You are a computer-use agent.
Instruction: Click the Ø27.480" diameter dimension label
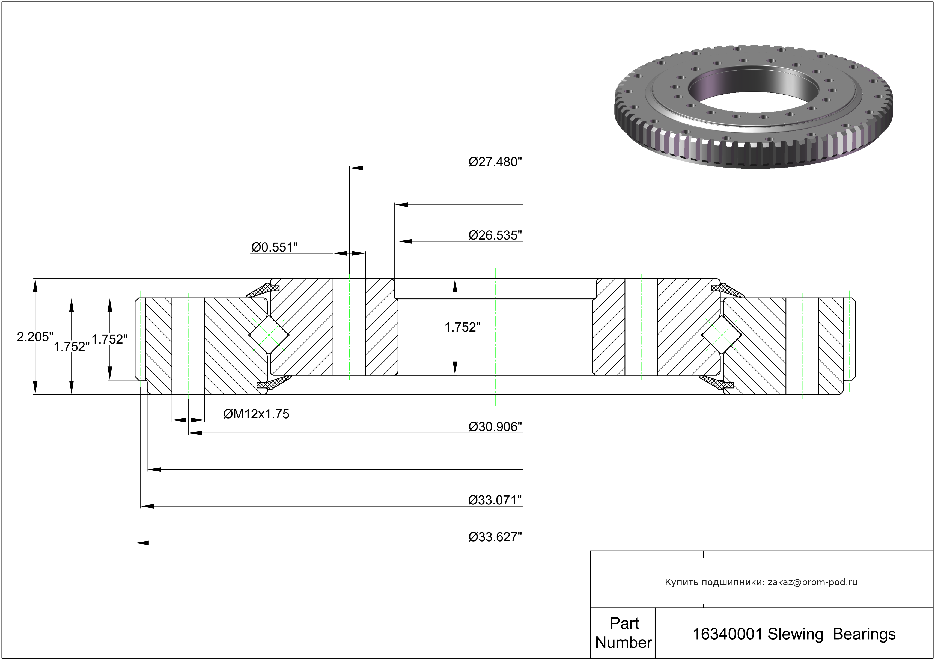pyautogui.click(x=495, y=162)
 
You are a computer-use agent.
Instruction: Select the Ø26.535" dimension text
pyautogui.click(x=495, y=235)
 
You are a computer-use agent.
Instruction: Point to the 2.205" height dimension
pyautogui.click(x=35, y=337)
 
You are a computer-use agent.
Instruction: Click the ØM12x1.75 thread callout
pyautogui.click(x=256, y=414)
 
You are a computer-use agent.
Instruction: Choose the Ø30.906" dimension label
pyautogui.click(x=495, y=427)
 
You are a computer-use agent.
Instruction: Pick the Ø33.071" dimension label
pyautogui.click(x=495, y=500)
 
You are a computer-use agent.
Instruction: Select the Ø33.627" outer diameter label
pyautogui.click(x=495, y=537)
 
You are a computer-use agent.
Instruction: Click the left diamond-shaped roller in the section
pyautogui.click(x=269, y=335)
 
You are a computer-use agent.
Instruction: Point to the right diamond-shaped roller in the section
pyautogui.click(x=722, y=335)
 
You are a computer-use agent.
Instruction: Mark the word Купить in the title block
pyautogui.click(x=679, y=582)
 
